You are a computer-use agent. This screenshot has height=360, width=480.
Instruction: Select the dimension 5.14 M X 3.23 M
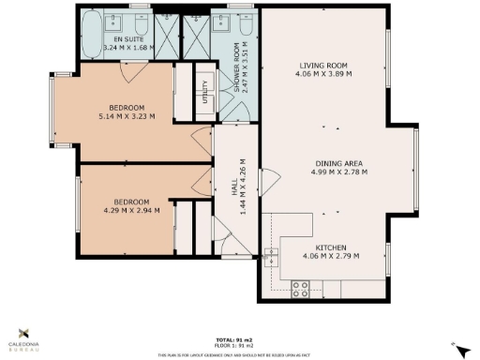(126, 116)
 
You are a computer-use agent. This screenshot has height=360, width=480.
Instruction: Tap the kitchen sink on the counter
(272, 257)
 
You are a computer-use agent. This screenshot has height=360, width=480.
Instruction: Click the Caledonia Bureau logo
(24, 337)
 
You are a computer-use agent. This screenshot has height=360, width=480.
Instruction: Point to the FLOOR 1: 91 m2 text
(236, 346)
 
